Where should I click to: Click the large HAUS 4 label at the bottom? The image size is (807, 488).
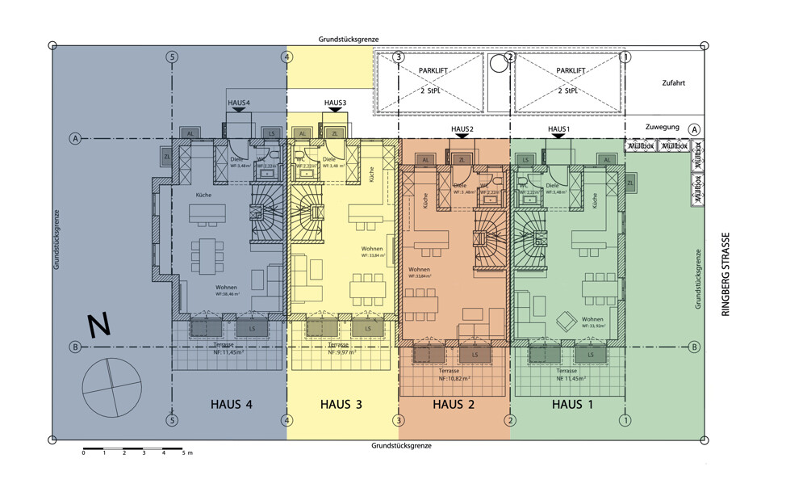click(x=232, y=404)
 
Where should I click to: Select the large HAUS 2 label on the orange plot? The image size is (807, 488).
click(x=454, y=404)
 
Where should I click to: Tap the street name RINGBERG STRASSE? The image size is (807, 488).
click(x=725, y=275)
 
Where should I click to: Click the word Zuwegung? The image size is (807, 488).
click(x=663, y=128)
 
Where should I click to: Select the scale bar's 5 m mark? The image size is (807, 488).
click(x=186, y=453)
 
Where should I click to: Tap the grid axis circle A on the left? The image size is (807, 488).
click(x=75, y=139)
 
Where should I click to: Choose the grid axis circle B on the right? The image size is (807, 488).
click(x=694, y=347)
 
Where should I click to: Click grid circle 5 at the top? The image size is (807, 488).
click(x=171, y=57)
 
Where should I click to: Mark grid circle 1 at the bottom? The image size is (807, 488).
click(x=625, y=420)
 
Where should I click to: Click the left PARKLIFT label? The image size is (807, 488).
click(x=433, y=71)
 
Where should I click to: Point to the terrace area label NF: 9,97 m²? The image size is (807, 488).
click(x=343, y=353)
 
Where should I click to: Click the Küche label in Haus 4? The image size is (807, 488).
click(x=203, y=195)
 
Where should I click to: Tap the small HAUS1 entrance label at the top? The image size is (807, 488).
click(x=558, y=129)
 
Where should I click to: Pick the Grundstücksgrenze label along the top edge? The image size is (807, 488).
click(x=349, y=39)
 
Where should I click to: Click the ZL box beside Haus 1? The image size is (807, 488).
click(x=630, y=184)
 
